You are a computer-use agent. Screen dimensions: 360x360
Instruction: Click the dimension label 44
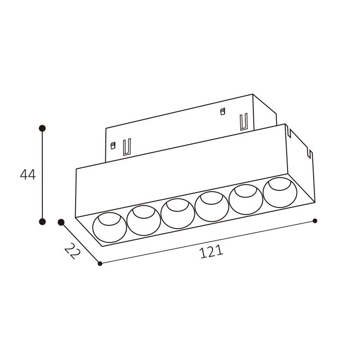click(x=27, y=175)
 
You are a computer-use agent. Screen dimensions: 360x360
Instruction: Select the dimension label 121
click(x=211, y=252)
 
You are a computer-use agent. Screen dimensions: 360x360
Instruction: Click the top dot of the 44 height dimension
click(x=42, y=128)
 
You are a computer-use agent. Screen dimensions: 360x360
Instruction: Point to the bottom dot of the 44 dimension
click(x=42, y=221)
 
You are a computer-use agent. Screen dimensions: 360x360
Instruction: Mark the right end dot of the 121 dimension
click(x=315, y=220)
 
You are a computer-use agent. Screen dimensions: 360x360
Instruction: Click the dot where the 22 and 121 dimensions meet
click(x=100, y=264)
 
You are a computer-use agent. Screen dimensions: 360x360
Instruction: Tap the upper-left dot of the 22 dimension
click(x=61, y=222)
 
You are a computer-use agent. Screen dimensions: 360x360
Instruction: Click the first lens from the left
click(x=110, y=227)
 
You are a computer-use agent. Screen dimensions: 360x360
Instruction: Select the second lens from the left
click(x=144, y=220)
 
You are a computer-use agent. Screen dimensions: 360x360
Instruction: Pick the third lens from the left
click(x=178, y=213)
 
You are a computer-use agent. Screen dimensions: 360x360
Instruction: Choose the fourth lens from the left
click(x=211, y=206)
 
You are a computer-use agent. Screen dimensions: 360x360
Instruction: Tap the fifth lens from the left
click(x=246, y=198)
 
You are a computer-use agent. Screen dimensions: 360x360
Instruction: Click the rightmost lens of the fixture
click(x=280, y=192)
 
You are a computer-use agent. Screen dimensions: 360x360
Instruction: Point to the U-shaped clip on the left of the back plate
click(x=127, y=147)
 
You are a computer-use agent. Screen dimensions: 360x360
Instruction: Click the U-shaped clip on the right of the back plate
click(x=244, y=122)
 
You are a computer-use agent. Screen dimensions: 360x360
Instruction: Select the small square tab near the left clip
click(x=113, y=145)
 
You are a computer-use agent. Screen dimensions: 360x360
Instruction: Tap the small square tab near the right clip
click(x=222, y=111)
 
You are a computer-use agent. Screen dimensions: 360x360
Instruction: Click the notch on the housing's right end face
click(x=309, y=154)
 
